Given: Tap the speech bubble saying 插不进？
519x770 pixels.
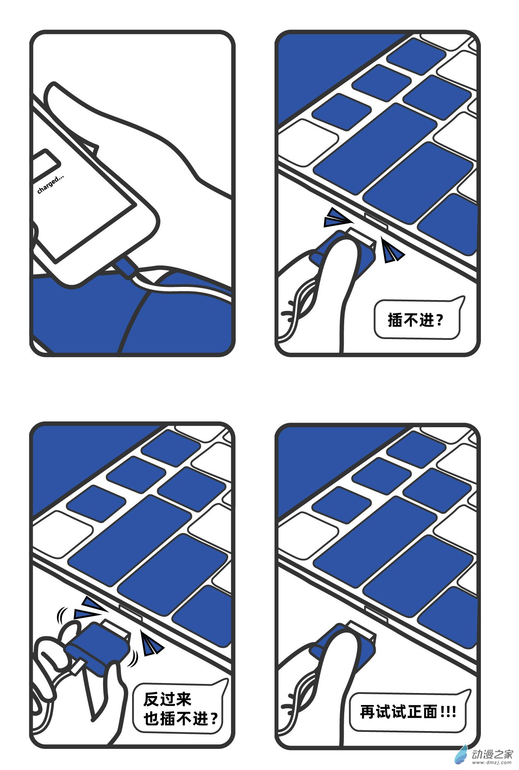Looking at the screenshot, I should [416, 320].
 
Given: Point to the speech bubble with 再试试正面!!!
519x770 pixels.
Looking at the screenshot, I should [408, 712].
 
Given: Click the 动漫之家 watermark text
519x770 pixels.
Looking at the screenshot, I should [492, 754].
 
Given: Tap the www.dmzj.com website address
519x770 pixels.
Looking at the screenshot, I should [492, 763].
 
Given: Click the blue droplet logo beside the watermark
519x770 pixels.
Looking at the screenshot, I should [461, 755].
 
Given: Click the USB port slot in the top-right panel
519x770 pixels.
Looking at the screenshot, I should [376, 221].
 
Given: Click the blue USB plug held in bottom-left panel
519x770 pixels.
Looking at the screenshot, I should [96, 645].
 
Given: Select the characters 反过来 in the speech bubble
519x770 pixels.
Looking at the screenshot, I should [167, 699].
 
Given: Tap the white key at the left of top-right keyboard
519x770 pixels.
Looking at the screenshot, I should [309, 141].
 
